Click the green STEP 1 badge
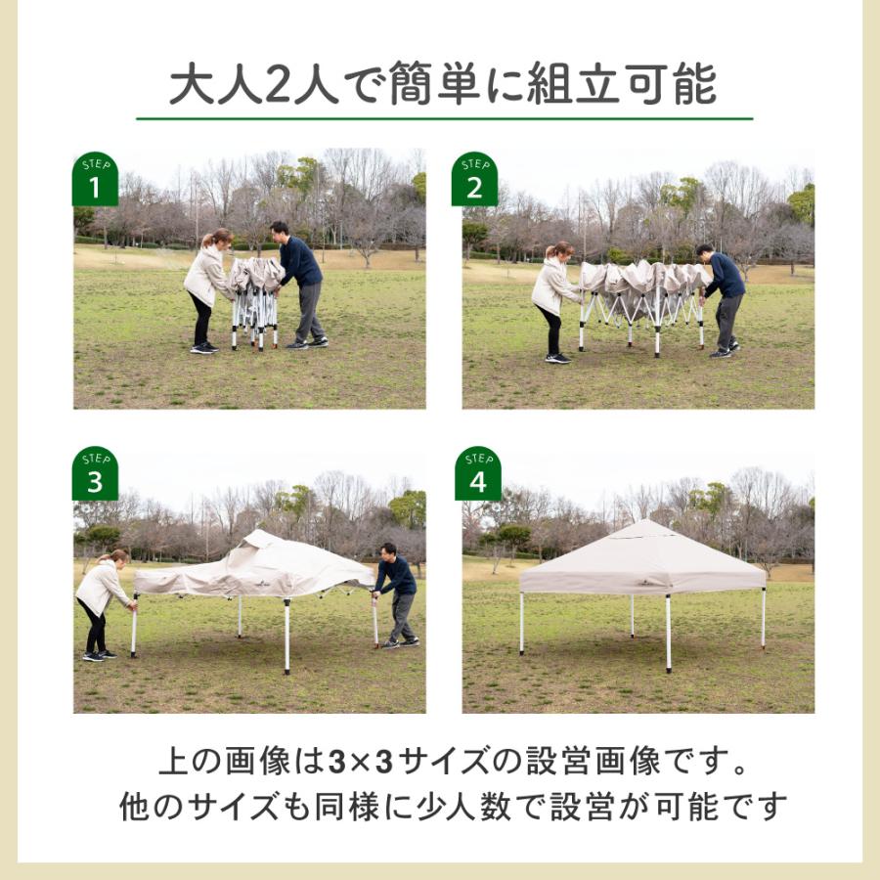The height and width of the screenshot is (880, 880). click(x=96, y=179)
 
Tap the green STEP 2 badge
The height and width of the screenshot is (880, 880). click(x=475, y=179)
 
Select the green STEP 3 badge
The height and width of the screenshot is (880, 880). click(x=96, y=473)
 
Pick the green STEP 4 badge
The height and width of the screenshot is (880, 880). click(x=477, y=473)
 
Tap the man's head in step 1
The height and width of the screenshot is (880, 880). click(x=279, y=231)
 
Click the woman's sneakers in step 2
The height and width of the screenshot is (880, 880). click(x=558, y=358)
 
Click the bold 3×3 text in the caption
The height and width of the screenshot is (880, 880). click(x=360, y=762)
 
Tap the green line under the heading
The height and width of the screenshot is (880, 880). click(x=445, y=119)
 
